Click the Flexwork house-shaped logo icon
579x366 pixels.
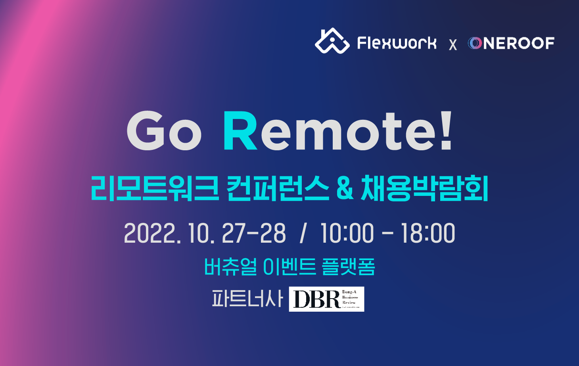tap(332, 41)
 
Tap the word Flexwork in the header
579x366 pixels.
tap(397, 43)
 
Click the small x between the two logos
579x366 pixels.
tap(453, 45)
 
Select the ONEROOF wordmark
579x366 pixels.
tap(511, 43)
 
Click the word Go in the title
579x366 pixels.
tap(164, 131)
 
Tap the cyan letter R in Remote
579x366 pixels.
tap(240, 131)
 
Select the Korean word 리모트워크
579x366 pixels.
tap(155, 188)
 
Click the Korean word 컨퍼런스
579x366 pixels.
tap(278, 188)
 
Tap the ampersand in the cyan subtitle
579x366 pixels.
tap(345, 188)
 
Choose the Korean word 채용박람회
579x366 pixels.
tap(424, 188)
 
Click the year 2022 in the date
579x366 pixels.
tap(150, 233)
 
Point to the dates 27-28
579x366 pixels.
tap(253, 233)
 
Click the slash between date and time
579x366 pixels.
tap(303, 233)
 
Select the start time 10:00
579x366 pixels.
tap(347, 233)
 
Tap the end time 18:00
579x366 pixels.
tap(428, 233)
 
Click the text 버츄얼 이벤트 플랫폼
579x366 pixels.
tap(289, 266)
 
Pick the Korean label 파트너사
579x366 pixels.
tap(247, 299)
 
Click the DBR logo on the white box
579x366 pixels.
tap(326, 299)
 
